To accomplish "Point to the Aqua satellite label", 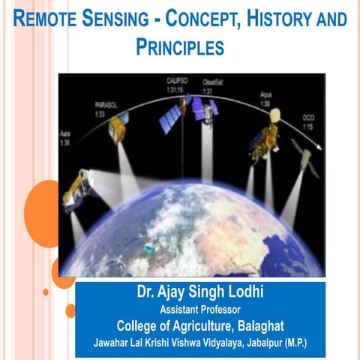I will [x=265, y=97].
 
